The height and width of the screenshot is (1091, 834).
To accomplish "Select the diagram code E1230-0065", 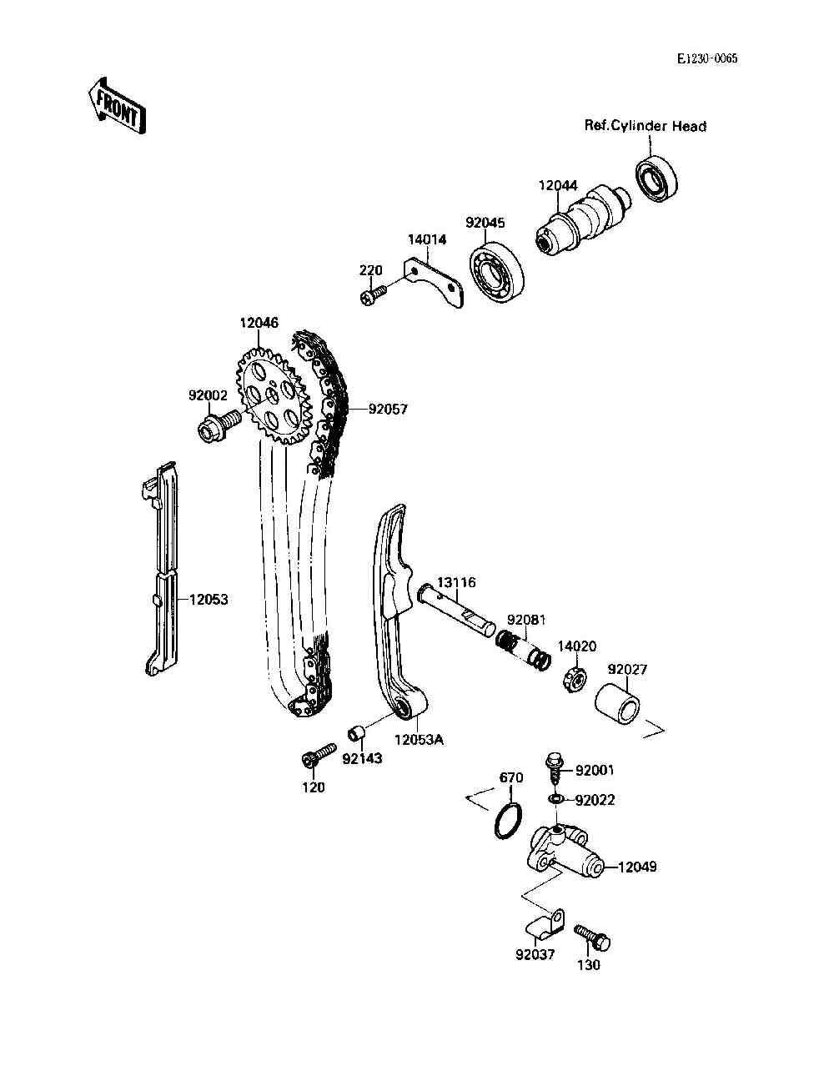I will pyautogui.click(x=707, y=58).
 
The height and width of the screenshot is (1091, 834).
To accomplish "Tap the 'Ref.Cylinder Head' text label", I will pyautogui.click(x=645, y=126).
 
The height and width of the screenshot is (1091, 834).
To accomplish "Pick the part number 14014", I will pyautogui.click(x=426, y=239).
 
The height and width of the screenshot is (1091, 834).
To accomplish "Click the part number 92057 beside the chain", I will pyautogui.click(x=389, y=410).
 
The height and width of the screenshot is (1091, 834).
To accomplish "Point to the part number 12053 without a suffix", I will pyautogui.click(x=208, y=600).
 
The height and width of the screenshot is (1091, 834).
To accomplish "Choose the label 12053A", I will pyautogui.click(x=419, y=739).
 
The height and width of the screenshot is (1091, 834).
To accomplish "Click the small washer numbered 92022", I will pyautogui.click(x=555, y=800).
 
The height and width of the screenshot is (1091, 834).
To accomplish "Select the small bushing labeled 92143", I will pyautogui.click(x=358, y=735).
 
